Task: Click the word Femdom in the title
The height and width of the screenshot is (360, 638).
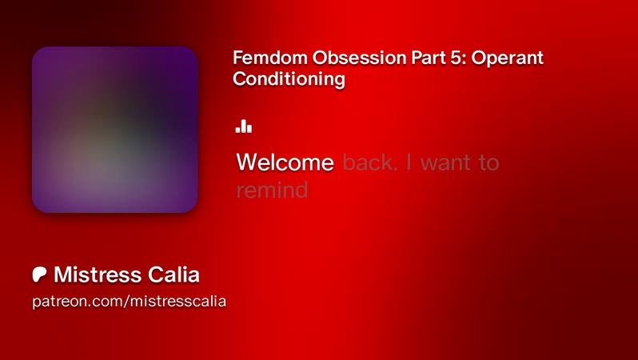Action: point(270,58)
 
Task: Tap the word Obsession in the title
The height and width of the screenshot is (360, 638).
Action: point(360,58)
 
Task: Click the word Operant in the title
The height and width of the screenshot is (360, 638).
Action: point(508,58)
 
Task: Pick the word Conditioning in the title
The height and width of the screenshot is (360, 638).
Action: point(289,79)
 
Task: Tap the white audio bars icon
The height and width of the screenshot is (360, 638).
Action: point(244,126)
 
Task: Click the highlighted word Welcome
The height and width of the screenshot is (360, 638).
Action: point(285,162)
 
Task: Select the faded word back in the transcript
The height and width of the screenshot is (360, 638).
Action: point(369,162)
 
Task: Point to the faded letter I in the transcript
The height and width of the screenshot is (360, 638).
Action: point(409,162)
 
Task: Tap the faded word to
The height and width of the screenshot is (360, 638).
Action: point(489,163)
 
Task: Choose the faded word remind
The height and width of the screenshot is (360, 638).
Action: point(272,190)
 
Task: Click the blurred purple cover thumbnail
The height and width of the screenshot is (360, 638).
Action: point(115,130)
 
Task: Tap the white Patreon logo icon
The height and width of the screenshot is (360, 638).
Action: point(39,274)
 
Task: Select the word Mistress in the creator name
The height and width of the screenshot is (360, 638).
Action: point(98,274)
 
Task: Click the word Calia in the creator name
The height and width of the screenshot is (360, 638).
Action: point(173,274)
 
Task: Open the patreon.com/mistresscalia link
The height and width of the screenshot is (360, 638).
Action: point(130,302)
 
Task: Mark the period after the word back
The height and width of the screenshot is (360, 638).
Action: point(394,169)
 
